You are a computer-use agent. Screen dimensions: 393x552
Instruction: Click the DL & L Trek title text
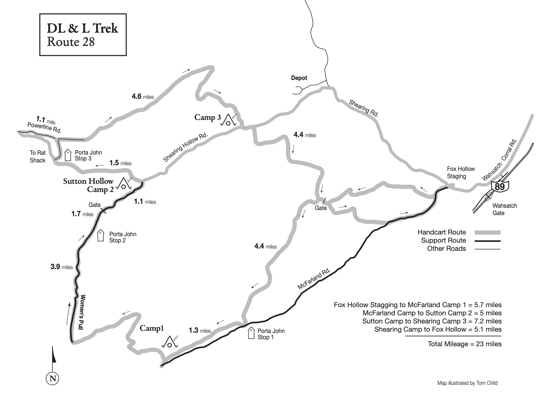[x=82, y=28]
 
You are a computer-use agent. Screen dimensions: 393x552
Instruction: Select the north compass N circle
[x=52, y=378]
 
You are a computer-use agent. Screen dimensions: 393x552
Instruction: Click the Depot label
[x=299, y=78]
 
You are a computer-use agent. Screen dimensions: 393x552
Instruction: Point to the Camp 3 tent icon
[x=229, y=120]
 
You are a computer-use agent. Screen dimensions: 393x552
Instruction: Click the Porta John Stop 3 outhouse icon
[x=68, y=155]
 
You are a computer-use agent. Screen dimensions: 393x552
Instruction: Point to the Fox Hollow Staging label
[x=461, y=173]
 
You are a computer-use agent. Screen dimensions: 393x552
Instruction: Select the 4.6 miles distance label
[x=143, y=97]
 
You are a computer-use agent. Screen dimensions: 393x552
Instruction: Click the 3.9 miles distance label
[x=61, y=267]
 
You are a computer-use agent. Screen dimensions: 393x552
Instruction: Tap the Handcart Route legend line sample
[x=487, y=233]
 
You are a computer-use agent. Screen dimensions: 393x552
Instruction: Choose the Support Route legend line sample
[x=487, y=241]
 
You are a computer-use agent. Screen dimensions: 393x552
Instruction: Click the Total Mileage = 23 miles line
[x=464, y=344]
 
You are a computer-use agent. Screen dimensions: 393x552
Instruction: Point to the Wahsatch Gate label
[x=504, y=209]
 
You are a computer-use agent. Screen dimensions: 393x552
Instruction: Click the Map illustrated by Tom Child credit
[x=467, y=383]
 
